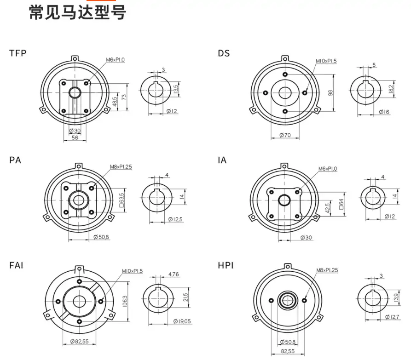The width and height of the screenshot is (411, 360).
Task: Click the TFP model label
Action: pos(18,53)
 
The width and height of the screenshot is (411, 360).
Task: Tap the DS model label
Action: pos(224,53)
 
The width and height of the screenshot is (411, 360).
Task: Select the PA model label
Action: pos(15,160)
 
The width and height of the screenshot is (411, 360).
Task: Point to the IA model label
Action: pos(222,160)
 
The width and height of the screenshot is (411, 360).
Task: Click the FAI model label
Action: pos(16,266)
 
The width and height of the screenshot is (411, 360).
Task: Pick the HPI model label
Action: pos(226,266)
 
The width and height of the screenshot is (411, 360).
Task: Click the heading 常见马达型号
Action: pos(77,12)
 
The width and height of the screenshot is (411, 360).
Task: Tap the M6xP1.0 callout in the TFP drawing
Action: pos(116,60)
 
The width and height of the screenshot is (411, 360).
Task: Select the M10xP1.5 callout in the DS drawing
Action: pos(326,61)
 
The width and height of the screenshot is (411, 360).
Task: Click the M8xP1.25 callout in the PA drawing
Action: pos(121,167)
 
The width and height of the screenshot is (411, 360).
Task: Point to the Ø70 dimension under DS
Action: pos(285,135)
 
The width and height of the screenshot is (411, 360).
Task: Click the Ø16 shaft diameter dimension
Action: pos(384,112)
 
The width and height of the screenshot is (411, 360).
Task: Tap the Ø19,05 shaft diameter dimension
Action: pos(182,321)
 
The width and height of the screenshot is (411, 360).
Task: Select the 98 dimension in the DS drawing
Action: pos(330,92)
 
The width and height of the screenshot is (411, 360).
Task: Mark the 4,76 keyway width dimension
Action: pos(174,274)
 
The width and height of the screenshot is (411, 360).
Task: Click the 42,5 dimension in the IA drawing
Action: pos(327,207)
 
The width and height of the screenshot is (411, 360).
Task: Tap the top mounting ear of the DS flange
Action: pos(285,59)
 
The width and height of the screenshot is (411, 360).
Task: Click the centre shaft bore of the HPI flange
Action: pos(288,301)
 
